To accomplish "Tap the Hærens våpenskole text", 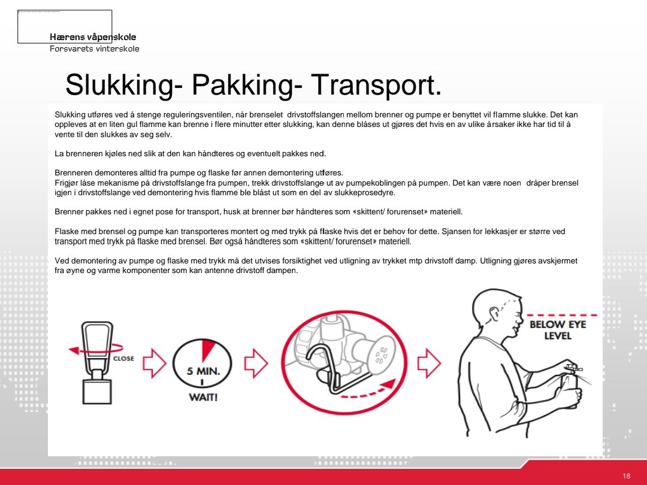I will (93, 37).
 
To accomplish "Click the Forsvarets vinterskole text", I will (94, 48).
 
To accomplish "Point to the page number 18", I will (626, 476).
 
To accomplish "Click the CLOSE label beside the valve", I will (123, 359).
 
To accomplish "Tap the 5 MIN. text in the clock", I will (203, 371).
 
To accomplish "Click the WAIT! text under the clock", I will (203, 398).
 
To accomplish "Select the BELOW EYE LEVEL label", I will (557, 330).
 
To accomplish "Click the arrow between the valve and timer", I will (154, 363).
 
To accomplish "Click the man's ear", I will (494, 315).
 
